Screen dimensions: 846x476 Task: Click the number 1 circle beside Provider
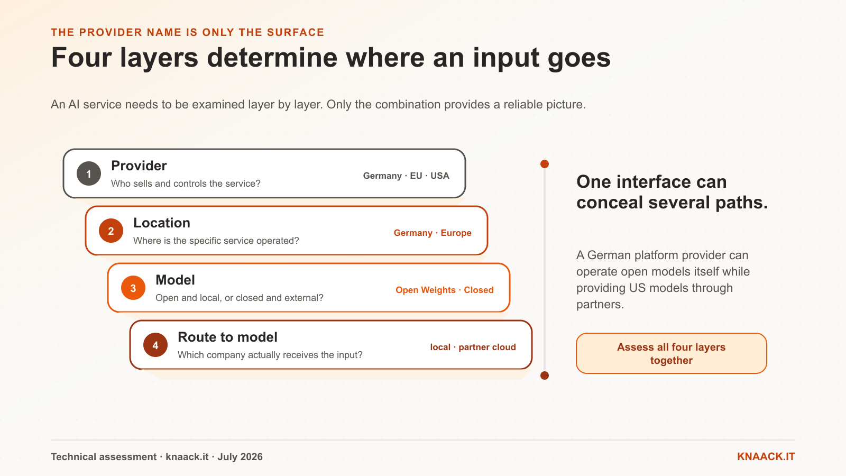coord(89,174)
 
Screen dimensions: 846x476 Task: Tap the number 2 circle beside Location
coord(111,231)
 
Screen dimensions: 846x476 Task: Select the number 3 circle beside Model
coord(133,288)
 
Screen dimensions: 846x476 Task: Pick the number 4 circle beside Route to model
coord(155,345)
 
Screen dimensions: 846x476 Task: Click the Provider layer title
coord(139,166)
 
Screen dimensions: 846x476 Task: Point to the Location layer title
coord(162,223)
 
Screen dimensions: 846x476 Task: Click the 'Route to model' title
coord(227,337)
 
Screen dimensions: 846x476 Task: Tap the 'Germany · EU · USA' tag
coord(406,176)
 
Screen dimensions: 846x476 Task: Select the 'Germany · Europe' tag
coord(433,233)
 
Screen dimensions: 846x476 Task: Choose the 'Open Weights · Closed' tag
coord(445,290)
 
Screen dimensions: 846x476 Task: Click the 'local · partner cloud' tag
coord(473,347)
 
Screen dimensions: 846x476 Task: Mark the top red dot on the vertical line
coord(545,164)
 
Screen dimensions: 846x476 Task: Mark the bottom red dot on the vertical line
coord(545,376)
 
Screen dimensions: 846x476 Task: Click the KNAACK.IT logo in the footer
coord(766,457)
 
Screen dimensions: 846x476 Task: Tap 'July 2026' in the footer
coord(240,457)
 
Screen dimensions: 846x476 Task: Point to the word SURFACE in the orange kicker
coord(296,32)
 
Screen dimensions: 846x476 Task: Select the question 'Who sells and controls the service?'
coord(186,184)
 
